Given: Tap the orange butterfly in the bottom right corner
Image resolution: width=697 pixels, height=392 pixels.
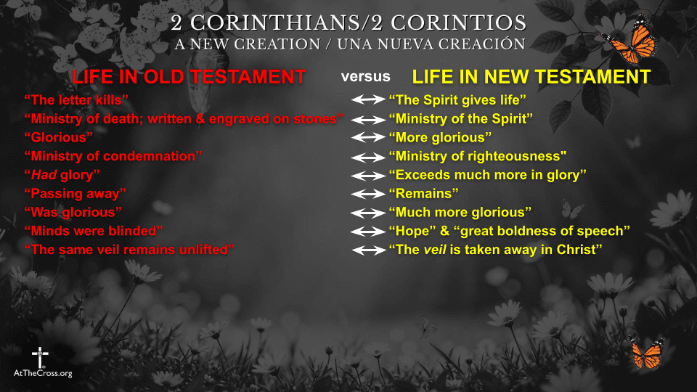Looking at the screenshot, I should pyautogui.click(x=645, y=352).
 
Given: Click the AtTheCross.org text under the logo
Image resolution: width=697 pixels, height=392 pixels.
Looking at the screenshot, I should pyautogui.click(x=43, y=373).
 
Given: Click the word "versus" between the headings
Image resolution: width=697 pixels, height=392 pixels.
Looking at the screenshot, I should pyautogui.click(x=366, y=76).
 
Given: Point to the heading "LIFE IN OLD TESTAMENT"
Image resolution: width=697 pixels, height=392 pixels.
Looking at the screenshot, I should pyautogui.click(x=188, y=77).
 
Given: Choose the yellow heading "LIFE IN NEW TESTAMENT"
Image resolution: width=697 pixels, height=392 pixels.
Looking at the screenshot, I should pyautogui.click(x=531, y=77).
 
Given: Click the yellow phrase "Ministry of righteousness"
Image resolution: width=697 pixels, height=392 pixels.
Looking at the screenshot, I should pyautogui.click(x=477, y=156).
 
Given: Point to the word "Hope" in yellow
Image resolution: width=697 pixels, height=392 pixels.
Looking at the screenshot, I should pyautogui.click(x=413, y=232).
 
